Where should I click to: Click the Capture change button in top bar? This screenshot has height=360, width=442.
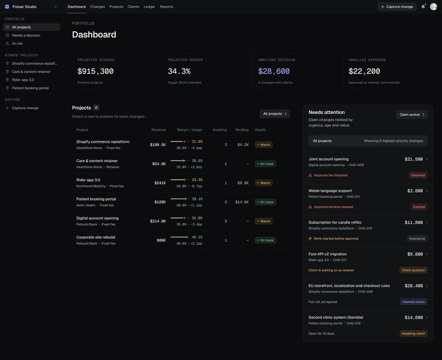397,7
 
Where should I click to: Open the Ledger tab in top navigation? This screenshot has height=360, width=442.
149,7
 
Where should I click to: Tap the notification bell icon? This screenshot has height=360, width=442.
423,6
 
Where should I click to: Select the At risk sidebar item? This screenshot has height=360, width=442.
17,43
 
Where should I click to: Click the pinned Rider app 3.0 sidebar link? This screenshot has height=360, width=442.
23,80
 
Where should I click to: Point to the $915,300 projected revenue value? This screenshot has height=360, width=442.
96,71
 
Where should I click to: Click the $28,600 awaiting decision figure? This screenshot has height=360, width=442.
274,71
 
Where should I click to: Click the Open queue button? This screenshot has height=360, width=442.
412,114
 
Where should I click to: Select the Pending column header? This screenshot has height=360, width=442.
242,130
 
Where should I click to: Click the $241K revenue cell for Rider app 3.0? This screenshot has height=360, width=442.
160,183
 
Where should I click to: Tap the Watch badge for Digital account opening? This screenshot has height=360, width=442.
264,221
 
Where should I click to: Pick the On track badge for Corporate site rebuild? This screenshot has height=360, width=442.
265,240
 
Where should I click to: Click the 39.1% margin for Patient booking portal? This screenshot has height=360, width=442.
197,199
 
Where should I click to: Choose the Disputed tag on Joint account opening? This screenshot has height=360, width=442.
418,175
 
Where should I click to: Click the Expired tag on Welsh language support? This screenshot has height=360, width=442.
419,207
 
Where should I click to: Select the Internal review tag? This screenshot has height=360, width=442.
413,302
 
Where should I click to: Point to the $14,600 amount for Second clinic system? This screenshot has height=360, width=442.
414,317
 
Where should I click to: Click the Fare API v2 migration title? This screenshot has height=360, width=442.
328,254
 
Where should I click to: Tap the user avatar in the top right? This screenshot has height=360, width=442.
434,7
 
